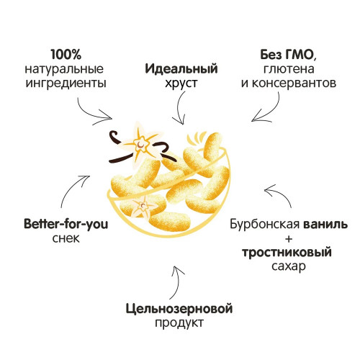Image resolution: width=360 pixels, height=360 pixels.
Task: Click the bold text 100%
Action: point(66,55)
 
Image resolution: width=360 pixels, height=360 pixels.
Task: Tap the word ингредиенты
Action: point(66,84)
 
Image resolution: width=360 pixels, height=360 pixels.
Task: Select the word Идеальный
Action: point(181,69)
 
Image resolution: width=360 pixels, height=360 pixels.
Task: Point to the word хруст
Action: point(181,84)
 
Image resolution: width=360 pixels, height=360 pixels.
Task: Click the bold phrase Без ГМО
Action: point(289,55)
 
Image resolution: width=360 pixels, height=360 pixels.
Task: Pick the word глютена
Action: point(289,69)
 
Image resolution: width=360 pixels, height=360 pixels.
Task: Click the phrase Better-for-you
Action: point(66,224)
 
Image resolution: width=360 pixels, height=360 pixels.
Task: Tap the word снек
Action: point(66,238)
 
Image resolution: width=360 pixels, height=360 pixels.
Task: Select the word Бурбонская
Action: point(265,224)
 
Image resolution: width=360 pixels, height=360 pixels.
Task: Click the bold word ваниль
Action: point(325,225)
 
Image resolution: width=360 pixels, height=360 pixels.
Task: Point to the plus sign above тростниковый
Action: point(289,239)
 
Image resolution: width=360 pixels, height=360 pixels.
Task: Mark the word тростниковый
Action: point(287,253)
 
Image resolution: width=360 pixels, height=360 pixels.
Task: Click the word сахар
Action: point(289,266)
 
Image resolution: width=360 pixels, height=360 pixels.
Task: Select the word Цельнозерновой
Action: point(179,309)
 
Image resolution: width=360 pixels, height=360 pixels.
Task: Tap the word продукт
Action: point(179,323)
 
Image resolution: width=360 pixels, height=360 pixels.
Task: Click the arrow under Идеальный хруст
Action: point(179,108)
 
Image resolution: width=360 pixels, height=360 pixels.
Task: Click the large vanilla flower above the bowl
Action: point(141,143)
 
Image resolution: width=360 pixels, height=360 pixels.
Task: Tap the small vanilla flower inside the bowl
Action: point(143,207)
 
